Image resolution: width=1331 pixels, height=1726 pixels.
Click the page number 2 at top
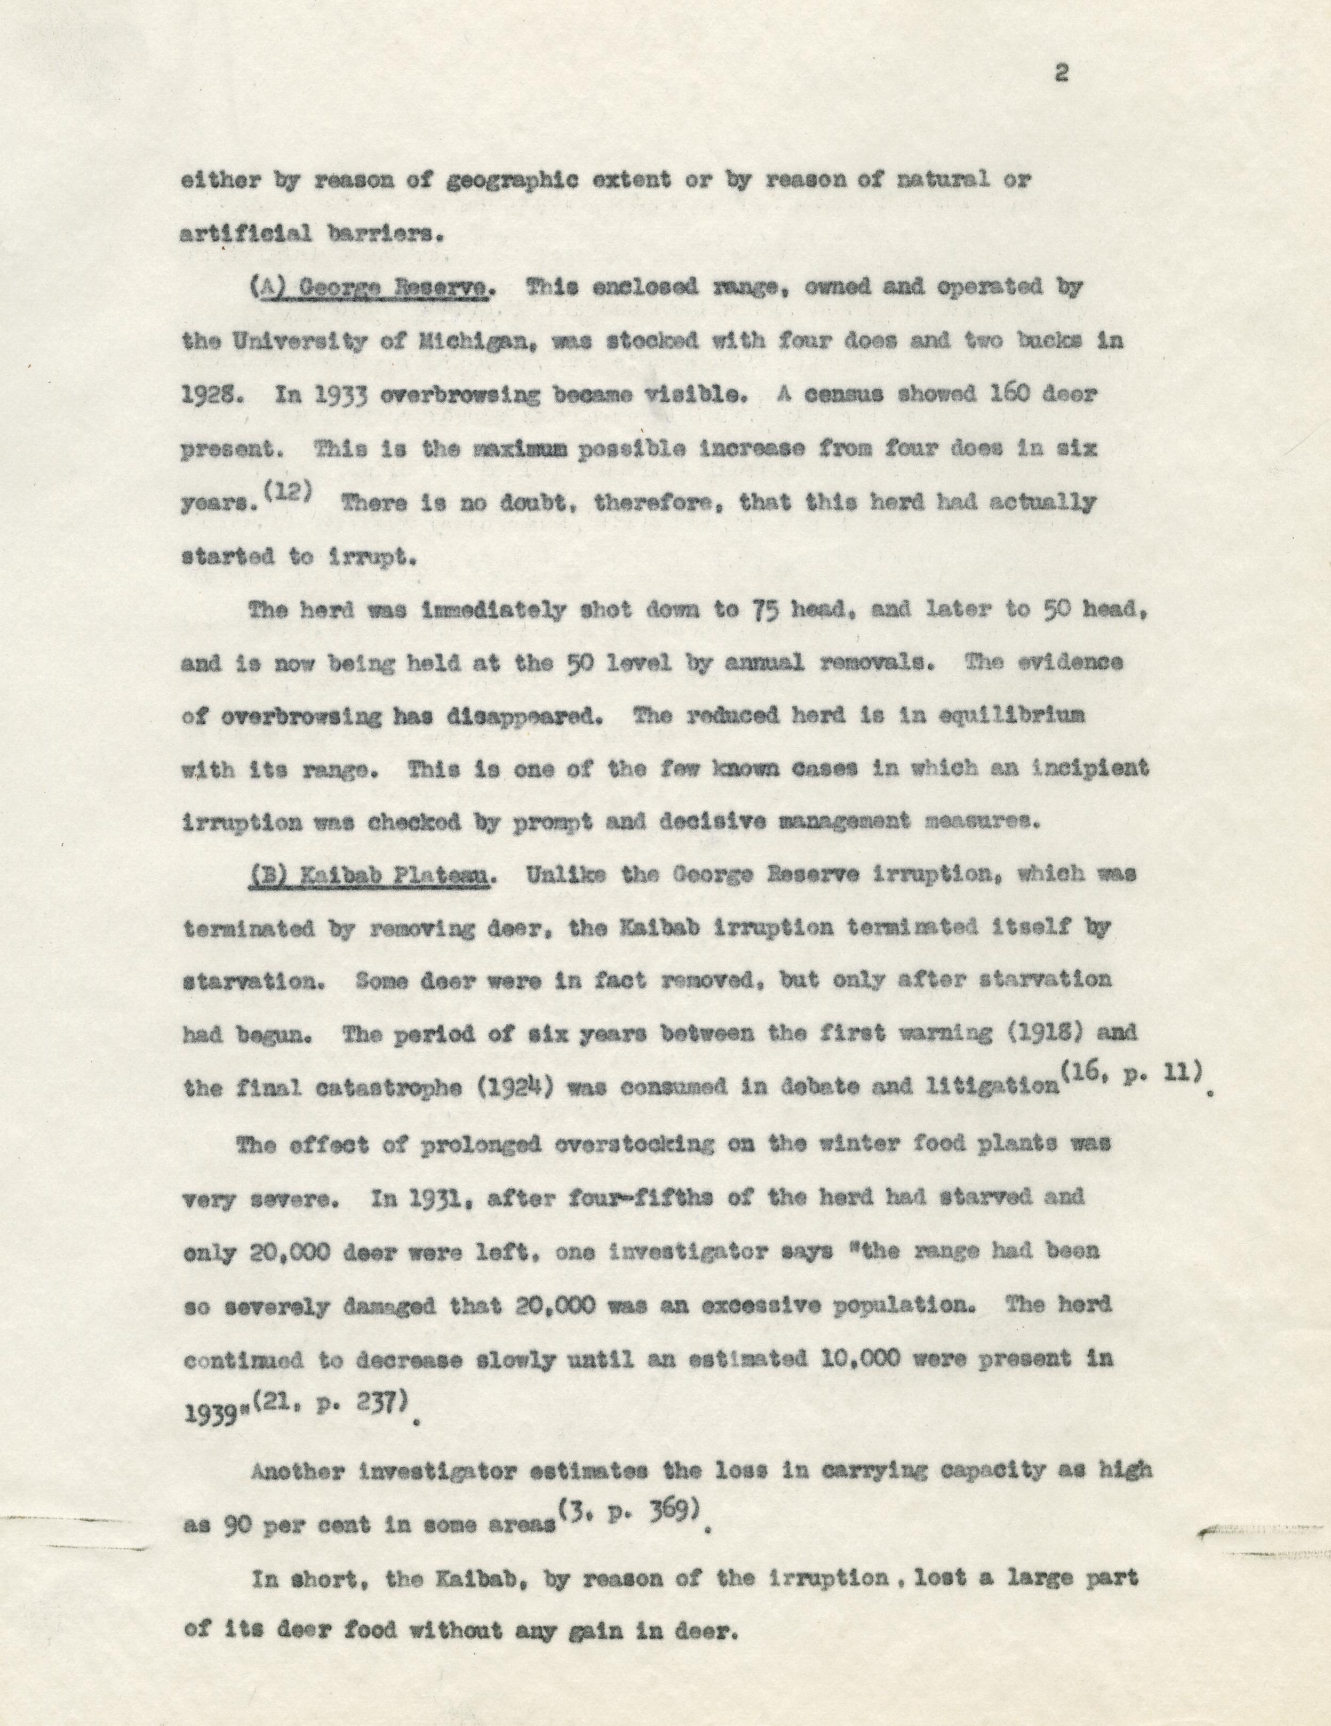tap(1062, 74)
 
